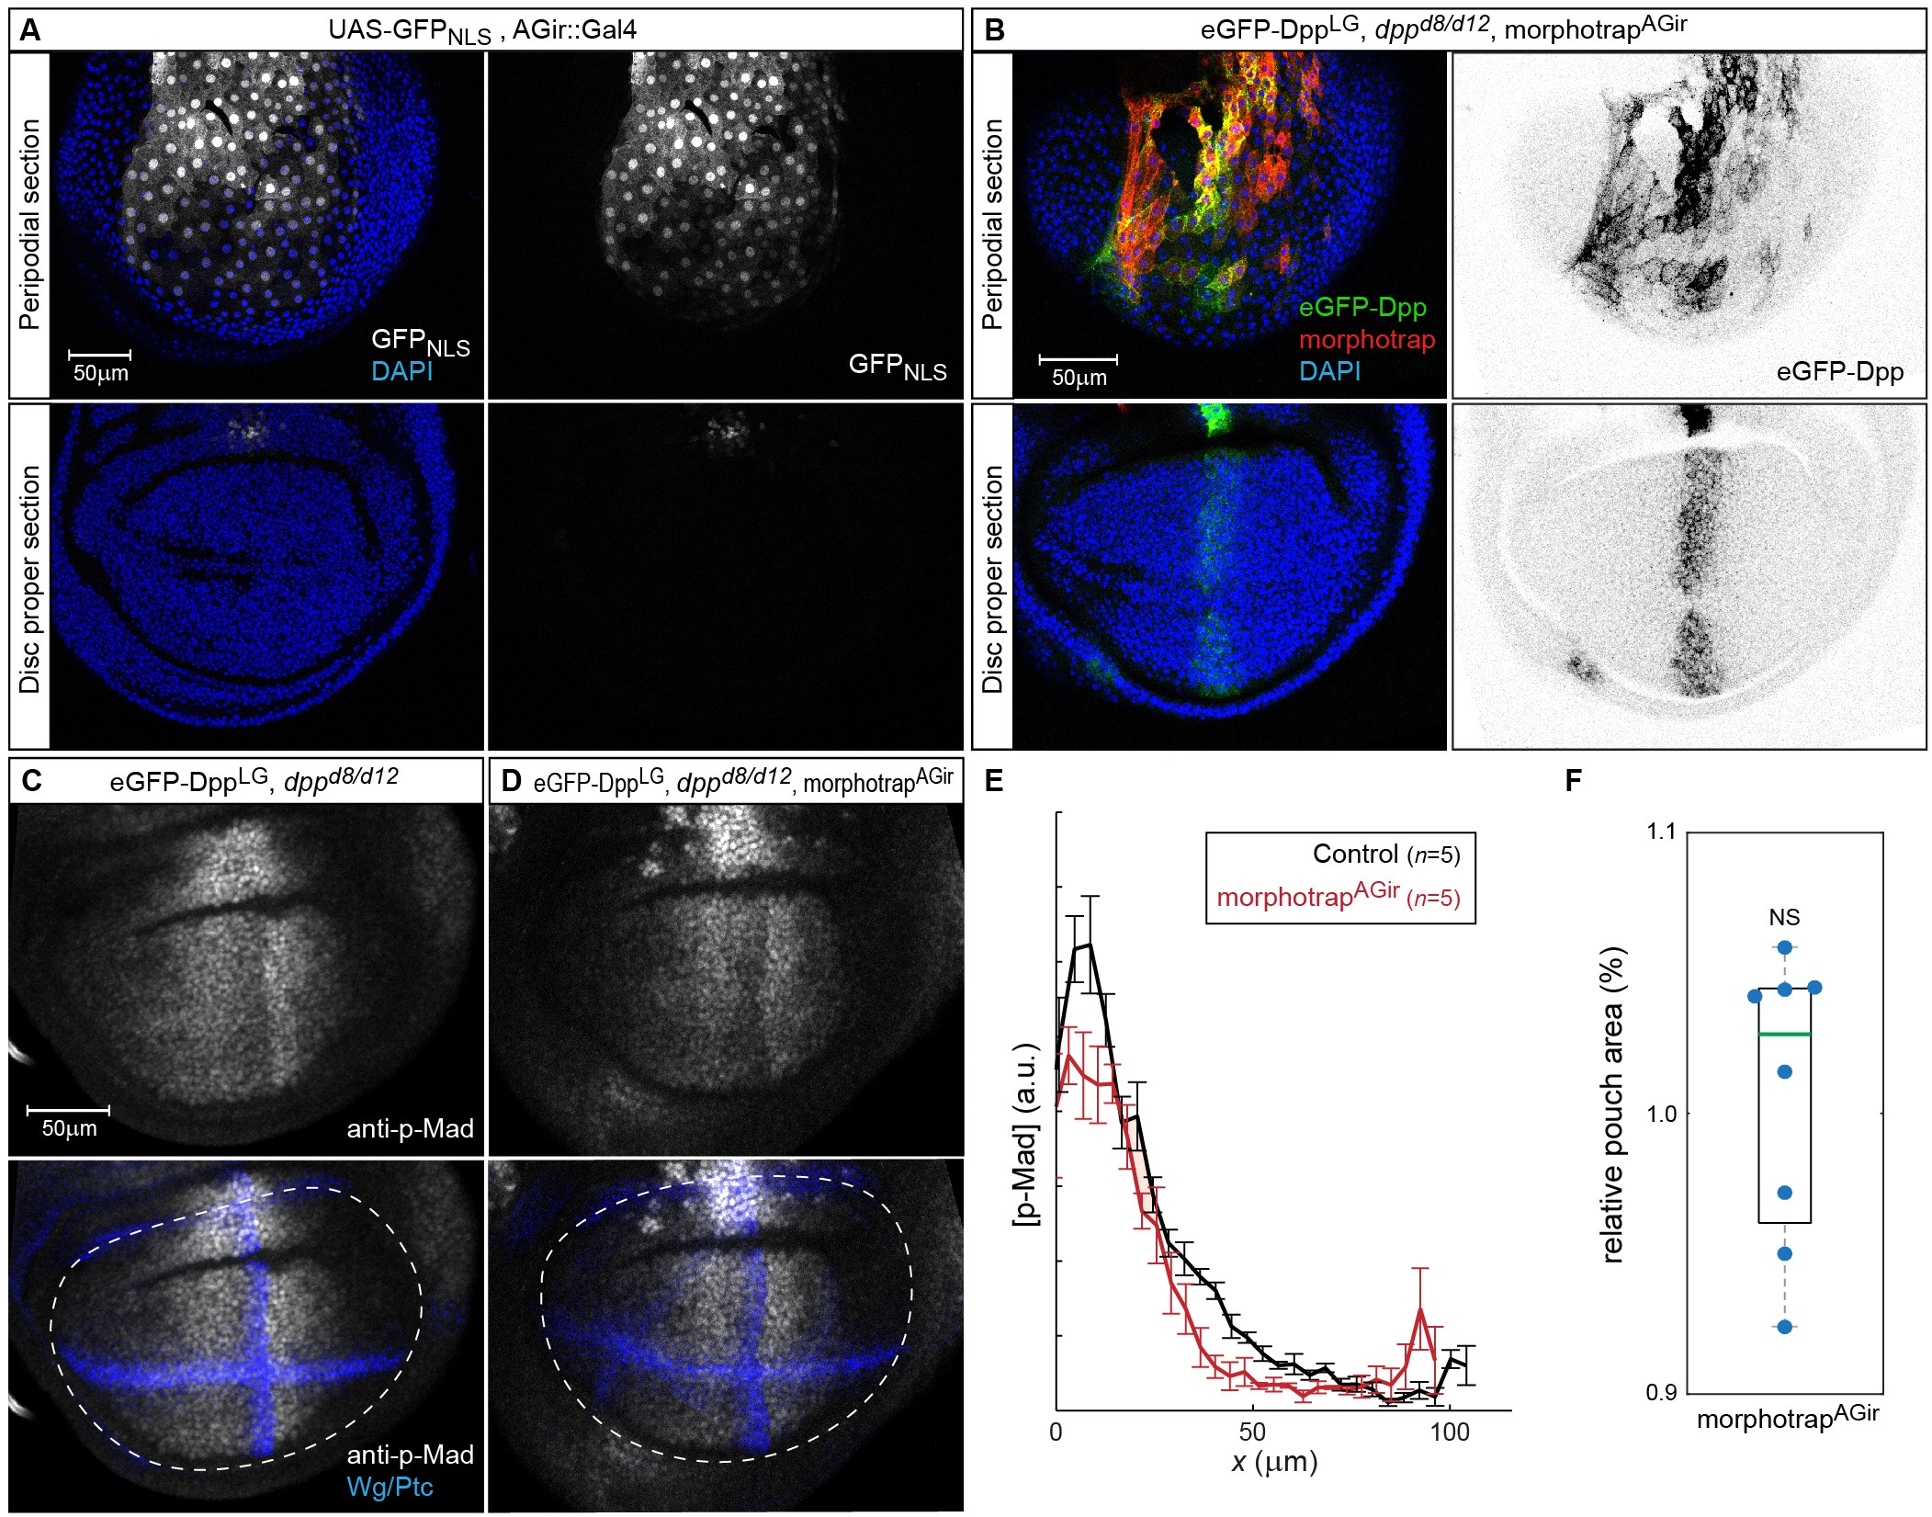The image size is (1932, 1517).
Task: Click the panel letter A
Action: pos(30,30)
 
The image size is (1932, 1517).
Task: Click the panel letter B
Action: pos(994,30)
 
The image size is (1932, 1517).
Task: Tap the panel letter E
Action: pos(994,781)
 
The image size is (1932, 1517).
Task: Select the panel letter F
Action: pos(1573,781)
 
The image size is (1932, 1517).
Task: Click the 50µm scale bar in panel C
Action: pos(69,1111)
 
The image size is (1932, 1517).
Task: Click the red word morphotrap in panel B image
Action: pos(1366,339)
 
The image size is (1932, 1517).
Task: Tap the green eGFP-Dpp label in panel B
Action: pos(1361,307)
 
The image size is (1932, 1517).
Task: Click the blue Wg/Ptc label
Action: pos(390,1487)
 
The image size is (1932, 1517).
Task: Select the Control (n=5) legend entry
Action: pos(1385,855)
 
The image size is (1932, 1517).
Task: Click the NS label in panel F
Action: pos(1784,917)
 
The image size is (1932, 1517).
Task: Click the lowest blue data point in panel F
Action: pos(1785,1327)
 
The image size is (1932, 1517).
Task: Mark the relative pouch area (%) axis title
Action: pos(1613,1105)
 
